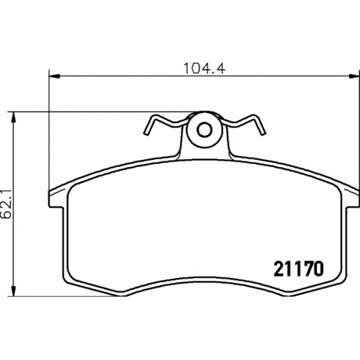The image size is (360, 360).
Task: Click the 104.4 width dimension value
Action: (x=204, y=68)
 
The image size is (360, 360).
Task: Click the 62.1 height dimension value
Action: (x=6, y=204)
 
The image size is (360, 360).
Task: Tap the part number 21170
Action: (x=299, y=269)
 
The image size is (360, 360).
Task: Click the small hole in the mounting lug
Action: (x=204, y=130)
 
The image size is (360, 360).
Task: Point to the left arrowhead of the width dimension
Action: (x=54, y=76)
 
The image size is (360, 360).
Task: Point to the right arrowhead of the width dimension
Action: (x=354, y=76)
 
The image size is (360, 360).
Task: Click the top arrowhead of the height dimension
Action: (x=14, y=117)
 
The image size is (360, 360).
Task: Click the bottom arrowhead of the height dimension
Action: (x=14, y=290)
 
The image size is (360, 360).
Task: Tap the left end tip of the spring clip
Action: (x=145, y=132)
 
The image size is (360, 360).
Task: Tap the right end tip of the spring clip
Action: (x=264, y=132)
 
